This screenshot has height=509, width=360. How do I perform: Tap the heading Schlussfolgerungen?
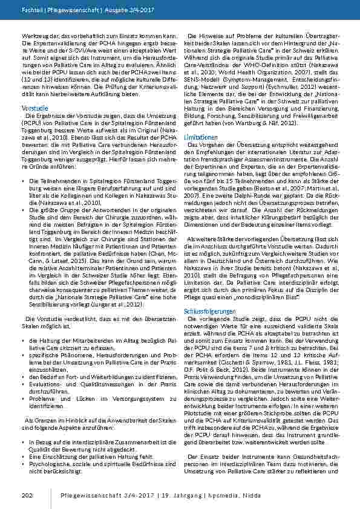[x=206, y=311]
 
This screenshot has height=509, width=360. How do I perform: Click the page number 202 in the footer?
[x=25, y=496]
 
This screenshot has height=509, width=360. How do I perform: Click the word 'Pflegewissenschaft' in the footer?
[x=93, y=496]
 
